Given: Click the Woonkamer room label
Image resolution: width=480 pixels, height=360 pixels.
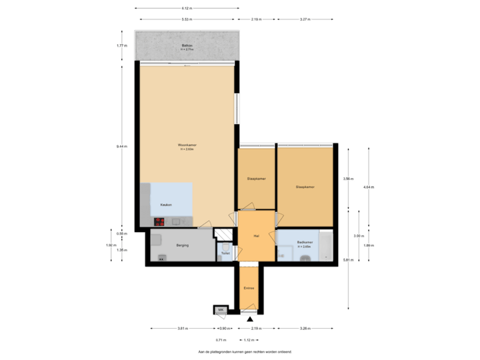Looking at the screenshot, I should tap(186, 145).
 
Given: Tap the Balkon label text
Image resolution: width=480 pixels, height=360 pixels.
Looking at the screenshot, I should tap(187, 45).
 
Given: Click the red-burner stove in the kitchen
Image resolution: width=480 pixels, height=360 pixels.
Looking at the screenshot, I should tap(160, 222).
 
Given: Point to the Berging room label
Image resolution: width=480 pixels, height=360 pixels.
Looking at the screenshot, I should tap(183, 245).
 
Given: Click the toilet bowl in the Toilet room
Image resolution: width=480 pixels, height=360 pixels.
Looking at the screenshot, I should tap(225, 246).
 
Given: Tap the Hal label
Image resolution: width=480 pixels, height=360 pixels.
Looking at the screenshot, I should tap(256, 236).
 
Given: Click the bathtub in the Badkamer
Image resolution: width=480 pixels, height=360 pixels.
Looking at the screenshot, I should tap(326, 246).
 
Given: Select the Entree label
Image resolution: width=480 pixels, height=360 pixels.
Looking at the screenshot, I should tap(249, 288).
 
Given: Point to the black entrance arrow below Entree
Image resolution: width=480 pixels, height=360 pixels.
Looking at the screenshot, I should tap(249, 319).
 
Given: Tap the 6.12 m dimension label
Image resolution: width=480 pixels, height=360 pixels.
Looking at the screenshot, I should tap(187, 8).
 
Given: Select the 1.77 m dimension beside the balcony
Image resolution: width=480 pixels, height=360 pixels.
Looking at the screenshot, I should tap(121, 45).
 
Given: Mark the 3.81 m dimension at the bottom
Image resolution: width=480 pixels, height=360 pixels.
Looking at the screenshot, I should tap(182, 328).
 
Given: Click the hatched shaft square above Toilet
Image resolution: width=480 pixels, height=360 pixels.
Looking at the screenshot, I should tap(223, 234).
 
